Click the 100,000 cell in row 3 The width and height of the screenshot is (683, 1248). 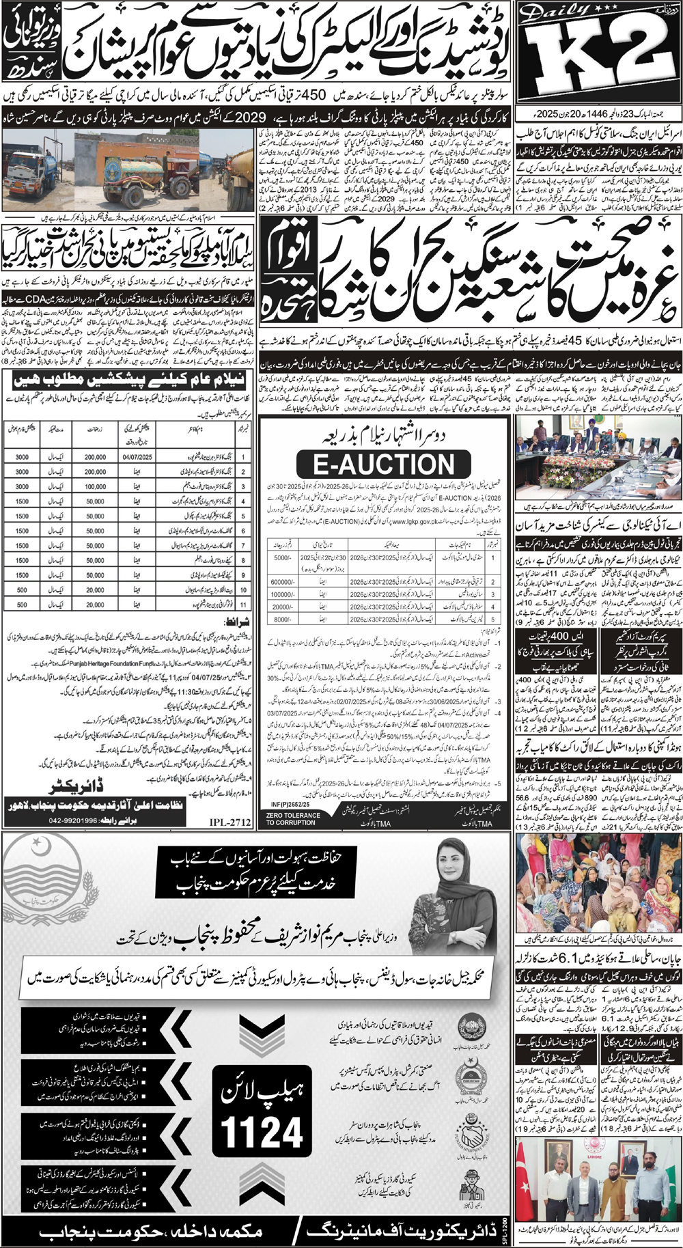pos(95,486)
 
